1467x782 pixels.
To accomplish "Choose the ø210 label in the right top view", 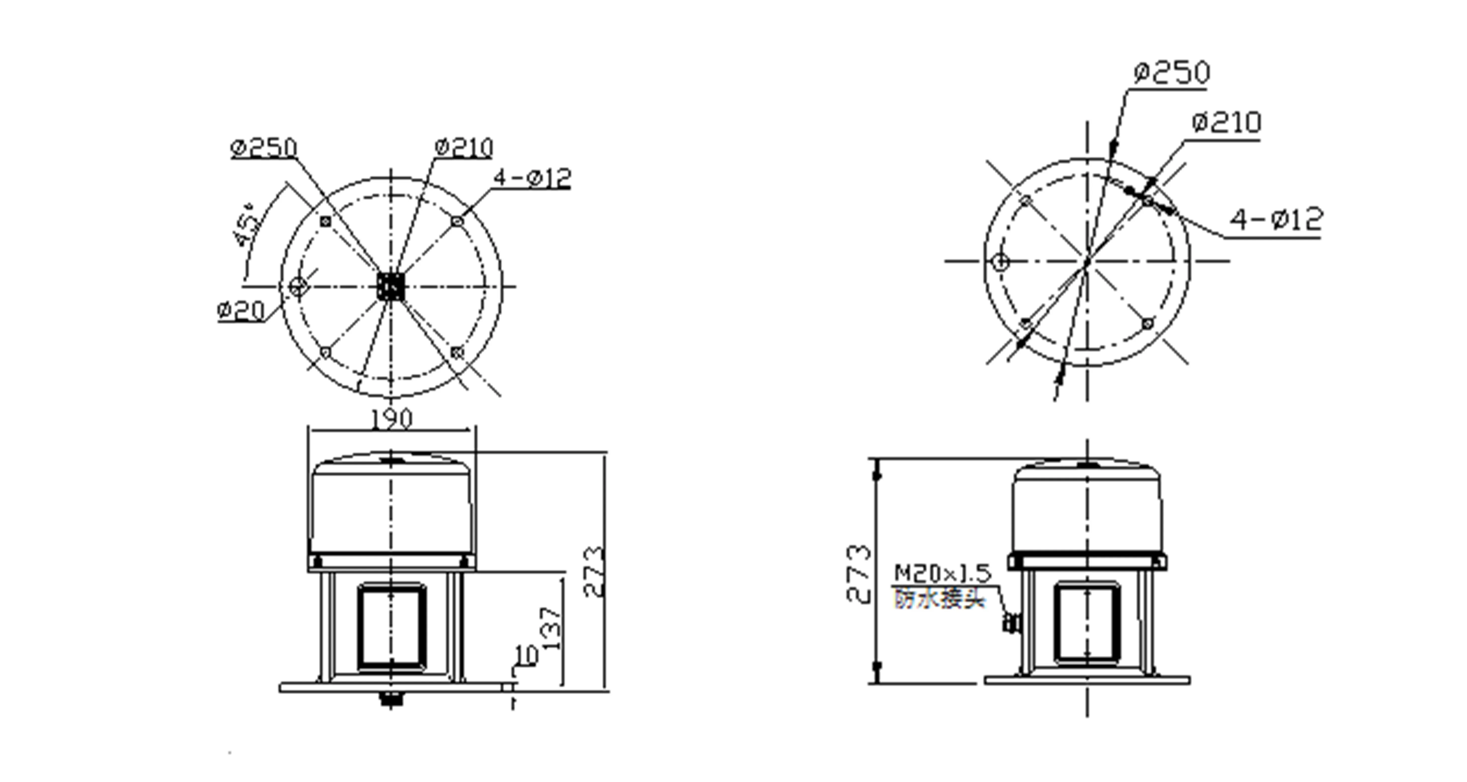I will click(1226, 122).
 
